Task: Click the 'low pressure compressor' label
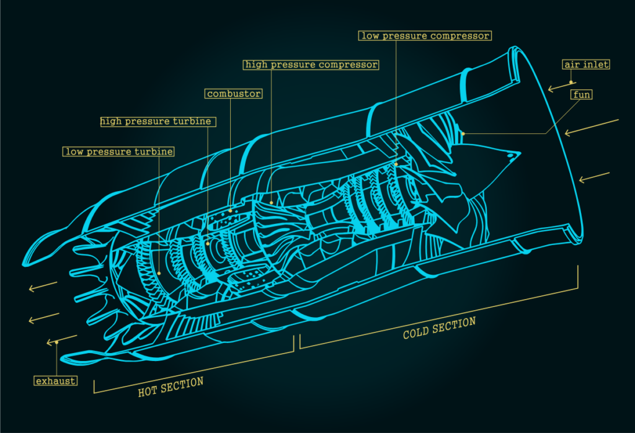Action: click(x=425, y=35)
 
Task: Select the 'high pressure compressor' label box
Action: click(x=311, y=65)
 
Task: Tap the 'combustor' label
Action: click(x=234, y=94)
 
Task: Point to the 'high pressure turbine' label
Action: click(x=158, y=122)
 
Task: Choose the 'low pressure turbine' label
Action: click(x=118, y=151)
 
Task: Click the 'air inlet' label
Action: click(x=586, y=65)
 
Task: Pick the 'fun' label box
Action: click(x=581, y=95)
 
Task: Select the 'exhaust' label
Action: click(x=56, y=380)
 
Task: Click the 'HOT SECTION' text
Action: click(x=171, y=386)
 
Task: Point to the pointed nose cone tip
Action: click(x=515, y=153)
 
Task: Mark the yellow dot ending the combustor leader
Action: click(x=231, y=210)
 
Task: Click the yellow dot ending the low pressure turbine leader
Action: click(x=159, y=272)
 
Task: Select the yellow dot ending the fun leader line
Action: click(x=463, y=133)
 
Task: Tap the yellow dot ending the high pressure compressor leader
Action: click(x=271, y=202)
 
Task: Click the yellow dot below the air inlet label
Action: click(x=571, y=81)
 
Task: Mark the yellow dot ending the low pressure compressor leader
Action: click(x=396, y=164)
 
